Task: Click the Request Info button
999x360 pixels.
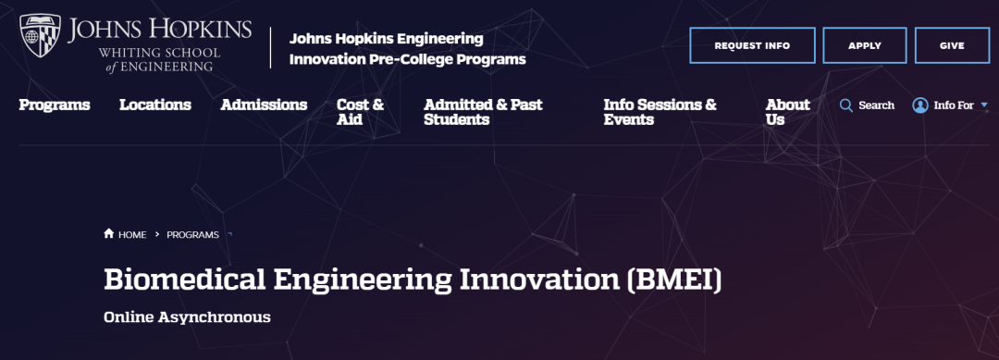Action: (x=752, y=45)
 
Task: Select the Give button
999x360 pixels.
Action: (x=952, y=45)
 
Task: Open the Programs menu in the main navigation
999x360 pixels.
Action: (x=55, y=105)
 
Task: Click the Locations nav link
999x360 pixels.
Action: (x=155, y=105)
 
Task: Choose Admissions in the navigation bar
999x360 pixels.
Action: (x=264, y=105)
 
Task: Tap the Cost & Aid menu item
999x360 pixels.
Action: (x=361, y=112)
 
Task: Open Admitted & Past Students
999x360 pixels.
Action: (x=483, y=112)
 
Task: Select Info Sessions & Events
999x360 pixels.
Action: (x=660, y=112)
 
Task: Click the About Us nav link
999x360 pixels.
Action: (x=788, y=112)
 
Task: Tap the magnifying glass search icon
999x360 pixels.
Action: (x=846, y=106)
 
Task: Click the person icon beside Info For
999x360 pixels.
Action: (x=920, y=106)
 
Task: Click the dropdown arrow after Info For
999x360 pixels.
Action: (x=983, y=106)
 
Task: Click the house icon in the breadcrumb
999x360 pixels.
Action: (x=109, y=234)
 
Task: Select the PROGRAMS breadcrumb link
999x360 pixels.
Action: (x=193, y=234)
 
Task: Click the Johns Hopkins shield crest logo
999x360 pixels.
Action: (x=40, y=36)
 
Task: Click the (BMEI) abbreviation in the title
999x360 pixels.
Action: (x=674, y=281)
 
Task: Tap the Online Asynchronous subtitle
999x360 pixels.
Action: (x=187, y=317)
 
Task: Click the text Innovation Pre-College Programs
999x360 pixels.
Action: (x=408, y=60)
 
